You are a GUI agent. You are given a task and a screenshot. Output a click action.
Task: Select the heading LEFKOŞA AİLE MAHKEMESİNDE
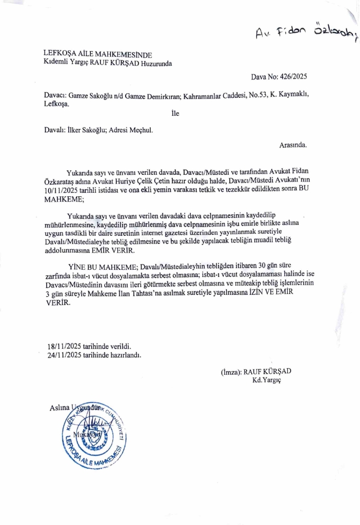pyautogui.click(x=98, y=55)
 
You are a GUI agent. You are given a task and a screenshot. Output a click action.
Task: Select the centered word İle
pyautogui.click(x=175, y=113)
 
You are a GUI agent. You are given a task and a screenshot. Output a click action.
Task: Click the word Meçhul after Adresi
pyautogui.click(x=139, y=130)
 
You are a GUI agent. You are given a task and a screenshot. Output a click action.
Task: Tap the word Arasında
pyautogui.click(x=293, y=145)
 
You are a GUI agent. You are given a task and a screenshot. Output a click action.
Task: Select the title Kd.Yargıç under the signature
pyautogui.click(x=267, y=380)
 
